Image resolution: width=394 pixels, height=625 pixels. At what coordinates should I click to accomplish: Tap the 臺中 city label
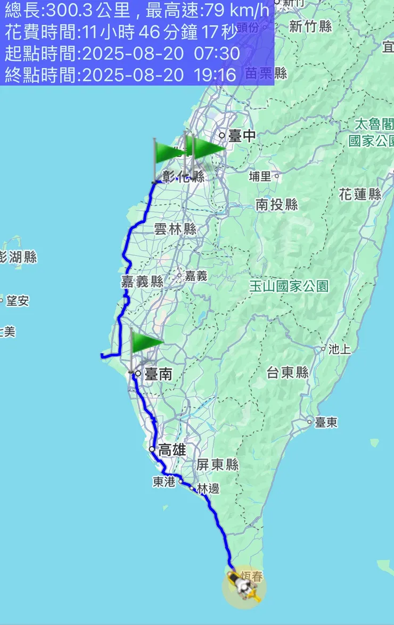pyautogui.click(x=242, y=136)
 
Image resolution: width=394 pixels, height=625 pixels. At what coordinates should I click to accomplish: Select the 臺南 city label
pyautogui.click(x=158, y=374)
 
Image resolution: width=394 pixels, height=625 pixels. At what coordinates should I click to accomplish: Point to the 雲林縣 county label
pyautogui.click(x=175, y=229)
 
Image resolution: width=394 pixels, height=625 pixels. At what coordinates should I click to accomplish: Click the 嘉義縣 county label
pyautogui.click(x=142, y=282)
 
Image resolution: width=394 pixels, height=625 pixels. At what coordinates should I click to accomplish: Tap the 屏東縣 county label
pyautogui.click(x=217, y=465)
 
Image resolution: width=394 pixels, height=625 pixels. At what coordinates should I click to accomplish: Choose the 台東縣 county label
pyautogui.click(x=288, y=373)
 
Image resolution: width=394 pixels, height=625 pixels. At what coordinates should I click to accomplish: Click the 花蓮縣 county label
pyautogui.click(x=360, y=194)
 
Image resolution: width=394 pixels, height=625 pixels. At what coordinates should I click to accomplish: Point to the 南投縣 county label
pyautogui.click(x=276, y=204)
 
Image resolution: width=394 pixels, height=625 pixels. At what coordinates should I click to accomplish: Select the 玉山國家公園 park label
pyautogui.click(x=289, y=286)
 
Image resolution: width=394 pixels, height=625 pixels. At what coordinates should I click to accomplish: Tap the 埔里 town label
pyautogui.click(x=261, y=176)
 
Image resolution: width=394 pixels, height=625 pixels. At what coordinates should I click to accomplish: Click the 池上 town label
pyautogui.click(x=340, y=349)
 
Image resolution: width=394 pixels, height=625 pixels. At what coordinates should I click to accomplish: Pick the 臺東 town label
pyautogui.click(x=326, y=423)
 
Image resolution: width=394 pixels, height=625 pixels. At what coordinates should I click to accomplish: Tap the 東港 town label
pyautogui.click(x=164, y=482)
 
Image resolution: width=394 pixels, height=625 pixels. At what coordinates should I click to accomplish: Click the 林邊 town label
pyautogui.click(x=208, y=489)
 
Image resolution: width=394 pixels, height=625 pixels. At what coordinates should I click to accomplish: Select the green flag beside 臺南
pyautogui.click(x=145, y=342)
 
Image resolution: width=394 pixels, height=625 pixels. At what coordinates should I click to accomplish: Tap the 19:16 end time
pyautogui.click(x=216, y=75)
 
